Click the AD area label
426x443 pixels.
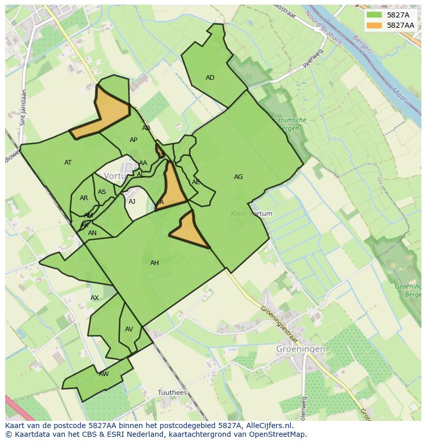click(210, 78)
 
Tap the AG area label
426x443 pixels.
click(238, 177)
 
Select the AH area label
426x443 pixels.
click(154, 263)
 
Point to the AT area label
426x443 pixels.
click(68, 163)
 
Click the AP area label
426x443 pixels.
click(133, 140)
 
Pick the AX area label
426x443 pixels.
click(95, 298)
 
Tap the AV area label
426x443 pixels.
click(129, 329)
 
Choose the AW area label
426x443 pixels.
click(104, 374)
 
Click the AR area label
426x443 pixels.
click(84, 198)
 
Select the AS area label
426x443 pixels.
click(102, 192)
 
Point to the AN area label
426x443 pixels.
click(92, 233)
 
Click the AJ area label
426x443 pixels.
click(132, 202)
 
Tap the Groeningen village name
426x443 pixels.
click(300, 348)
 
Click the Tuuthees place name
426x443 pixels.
click(172, 392)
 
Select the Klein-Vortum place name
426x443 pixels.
click(252, 214)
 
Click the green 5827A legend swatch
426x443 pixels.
click(375, 15)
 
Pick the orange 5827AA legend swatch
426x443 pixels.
click(375, 25)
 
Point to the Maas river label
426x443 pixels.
click(398, 95)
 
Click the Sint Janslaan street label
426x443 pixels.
click(23, 108)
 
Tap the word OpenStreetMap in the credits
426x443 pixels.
click(279, 434)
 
